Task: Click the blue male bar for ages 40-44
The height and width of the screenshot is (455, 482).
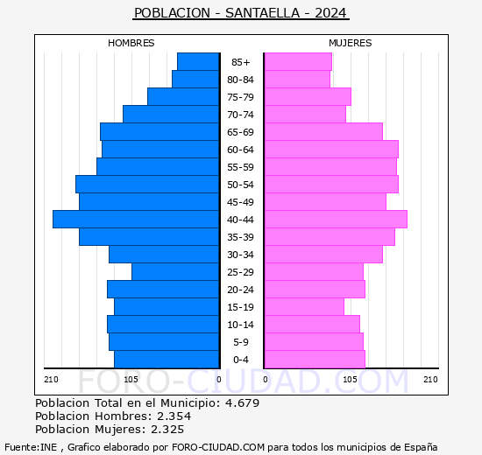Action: click(136, 219)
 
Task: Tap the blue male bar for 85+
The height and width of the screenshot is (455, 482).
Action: click(198, 61)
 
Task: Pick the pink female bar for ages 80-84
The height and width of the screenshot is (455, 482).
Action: click(296, 79)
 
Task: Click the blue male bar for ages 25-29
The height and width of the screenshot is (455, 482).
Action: click(175, 271)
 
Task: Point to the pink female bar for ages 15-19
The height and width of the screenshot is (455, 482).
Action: click(303, 306)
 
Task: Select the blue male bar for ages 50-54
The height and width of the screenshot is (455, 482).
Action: click(147, 184)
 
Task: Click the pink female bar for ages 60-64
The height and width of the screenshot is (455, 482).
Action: click(330, 149)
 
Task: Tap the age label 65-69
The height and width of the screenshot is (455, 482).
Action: click(240, 132)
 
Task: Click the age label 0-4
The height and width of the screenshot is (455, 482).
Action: click(240, 360)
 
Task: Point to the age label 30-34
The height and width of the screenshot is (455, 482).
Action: click(240, 255)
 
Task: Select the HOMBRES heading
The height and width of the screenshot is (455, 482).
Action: click(131, 43)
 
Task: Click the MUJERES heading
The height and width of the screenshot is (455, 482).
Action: click(350, 43)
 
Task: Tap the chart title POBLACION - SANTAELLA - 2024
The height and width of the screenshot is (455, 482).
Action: click(240, 13)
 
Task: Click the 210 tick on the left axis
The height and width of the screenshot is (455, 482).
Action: click(51, 379)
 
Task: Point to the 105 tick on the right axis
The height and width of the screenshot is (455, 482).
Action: click(350, 379)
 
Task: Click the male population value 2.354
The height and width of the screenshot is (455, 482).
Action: click(171, 416)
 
